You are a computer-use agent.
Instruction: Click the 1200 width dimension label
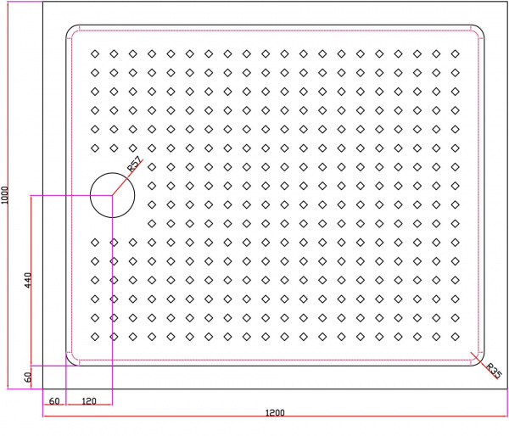(275, 412)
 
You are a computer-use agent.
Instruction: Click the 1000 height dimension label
(4, 195)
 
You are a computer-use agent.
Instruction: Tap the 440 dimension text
(28, 280)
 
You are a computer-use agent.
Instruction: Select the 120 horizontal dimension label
(89, 401)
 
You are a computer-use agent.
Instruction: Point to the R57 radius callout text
(134, 165)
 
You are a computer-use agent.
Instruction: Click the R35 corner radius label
(494, 371)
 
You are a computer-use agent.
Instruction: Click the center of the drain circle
(112, 195)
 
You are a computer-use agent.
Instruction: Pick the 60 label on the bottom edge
(54, 401)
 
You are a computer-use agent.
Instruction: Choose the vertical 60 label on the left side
(28, 377)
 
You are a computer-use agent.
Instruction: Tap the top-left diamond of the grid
(95, 53)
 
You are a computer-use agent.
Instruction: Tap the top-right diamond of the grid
(455, 53)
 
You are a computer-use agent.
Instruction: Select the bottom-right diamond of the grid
(455, 337)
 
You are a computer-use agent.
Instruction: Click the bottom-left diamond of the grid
(95, 337)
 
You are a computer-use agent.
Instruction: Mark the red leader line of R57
(127, 177)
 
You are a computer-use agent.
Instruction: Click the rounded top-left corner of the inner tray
(70, 29)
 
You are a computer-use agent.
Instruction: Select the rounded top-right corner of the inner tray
(481, 29)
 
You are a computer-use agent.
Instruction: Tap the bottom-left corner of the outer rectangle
(43, 388)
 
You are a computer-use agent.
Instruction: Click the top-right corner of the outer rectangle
(507, 2)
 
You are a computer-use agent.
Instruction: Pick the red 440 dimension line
(31, 281)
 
